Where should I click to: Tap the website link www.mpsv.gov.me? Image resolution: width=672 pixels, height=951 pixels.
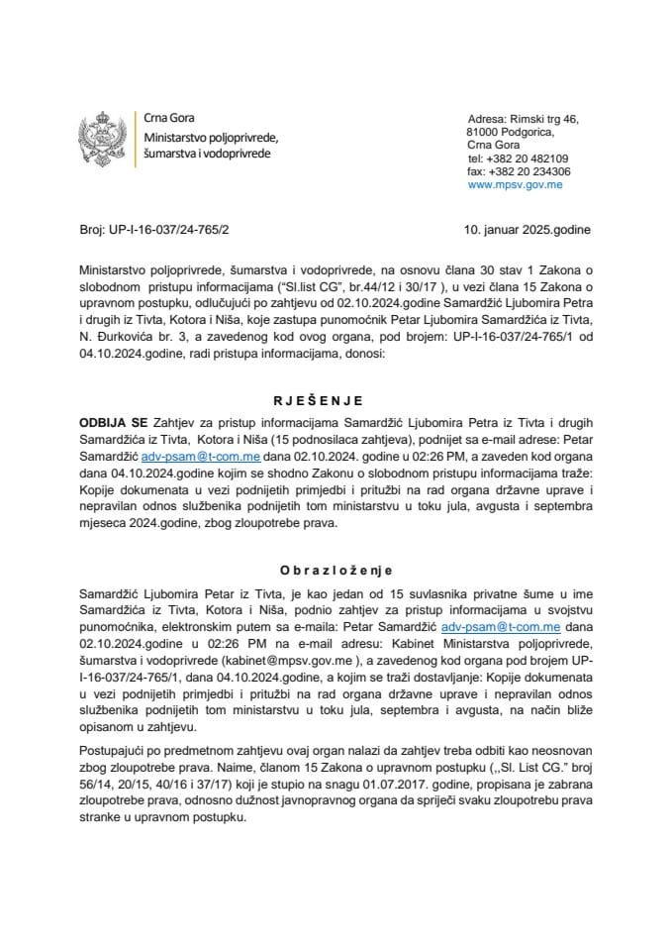[x=515, y=184]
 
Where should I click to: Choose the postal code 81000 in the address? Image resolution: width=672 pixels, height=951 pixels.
[x=484, y=132]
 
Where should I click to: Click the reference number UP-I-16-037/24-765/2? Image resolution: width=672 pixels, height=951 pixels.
[x=168, y=230]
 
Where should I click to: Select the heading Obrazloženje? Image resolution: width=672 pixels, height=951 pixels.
[x=336, y=571]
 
